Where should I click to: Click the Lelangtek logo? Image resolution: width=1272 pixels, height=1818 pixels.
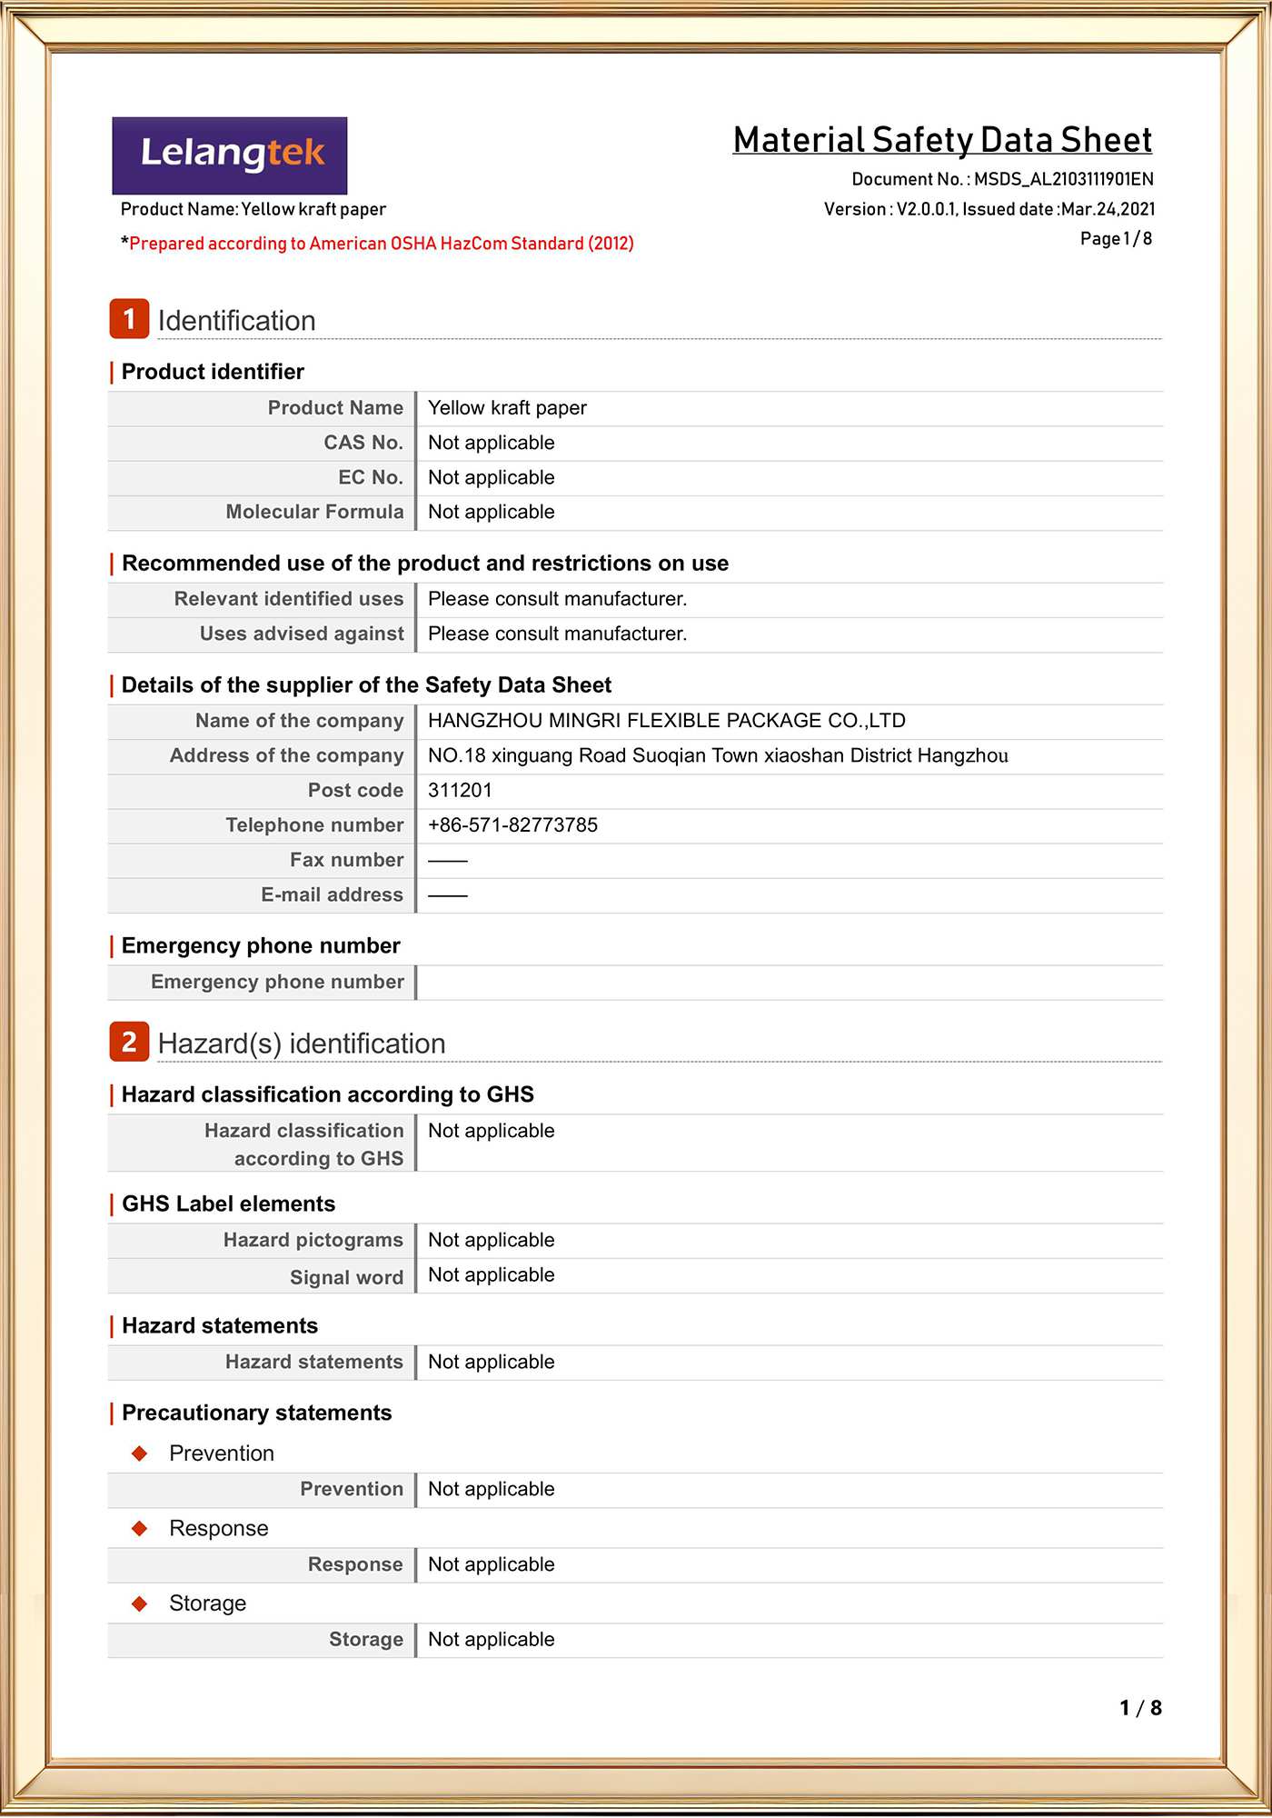tap(230, 155)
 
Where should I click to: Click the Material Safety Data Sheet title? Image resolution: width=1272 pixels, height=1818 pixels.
tap(942, 140)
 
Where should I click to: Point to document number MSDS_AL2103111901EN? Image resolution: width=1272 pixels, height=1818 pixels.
tap(1063, 179)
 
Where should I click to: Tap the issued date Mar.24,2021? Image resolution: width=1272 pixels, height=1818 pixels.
tap(1108, 209)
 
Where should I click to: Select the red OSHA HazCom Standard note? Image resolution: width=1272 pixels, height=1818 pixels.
tap(381, 244)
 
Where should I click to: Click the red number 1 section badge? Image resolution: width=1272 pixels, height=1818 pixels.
tap(129, 319)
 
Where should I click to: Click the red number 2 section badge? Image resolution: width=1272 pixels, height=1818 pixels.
tap(129, 1042)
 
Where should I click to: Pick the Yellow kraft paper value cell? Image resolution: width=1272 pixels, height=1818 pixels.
tap(507, 408)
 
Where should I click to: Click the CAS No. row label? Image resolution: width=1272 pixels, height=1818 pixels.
tap(363, 443)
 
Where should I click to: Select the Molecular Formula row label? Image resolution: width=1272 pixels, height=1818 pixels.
tap(314, 512)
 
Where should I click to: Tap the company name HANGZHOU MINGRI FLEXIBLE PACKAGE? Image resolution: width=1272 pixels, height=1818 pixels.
tap(666, 721)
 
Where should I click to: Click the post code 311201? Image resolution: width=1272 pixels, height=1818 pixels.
tap(460, 791)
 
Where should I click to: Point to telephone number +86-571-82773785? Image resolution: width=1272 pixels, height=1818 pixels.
tap(512, 825)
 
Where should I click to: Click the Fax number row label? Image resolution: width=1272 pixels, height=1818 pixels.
tap(346, 860)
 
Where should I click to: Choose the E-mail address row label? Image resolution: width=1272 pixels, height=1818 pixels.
tap(332, 894)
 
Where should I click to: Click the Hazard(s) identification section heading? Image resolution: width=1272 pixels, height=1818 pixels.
tap(302, 1044)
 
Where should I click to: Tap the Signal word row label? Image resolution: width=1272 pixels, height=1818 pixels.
tap(346, 1277)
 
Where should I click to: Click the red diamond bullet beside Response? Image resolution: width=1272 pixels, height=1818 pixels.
tap(140, 1529)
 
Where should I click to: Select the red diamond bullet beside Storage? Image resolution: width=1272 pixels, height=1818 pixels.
tap(140, 1603)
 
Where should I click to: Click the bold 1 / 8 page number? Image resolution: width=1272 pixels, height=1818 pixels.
tap(1140, 1708)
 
